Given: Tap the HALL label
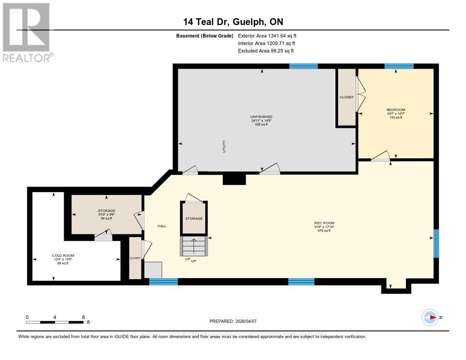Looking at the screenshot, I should click(162, 226).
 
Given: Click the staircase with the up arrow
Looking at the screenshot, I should click(193, 246).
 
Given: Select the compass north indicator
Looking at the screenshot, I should click(430, 317).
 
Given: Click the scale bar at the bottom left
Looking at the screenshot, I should click(55, 322).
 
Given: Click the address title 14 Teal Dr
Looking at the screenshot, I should click(233, 22).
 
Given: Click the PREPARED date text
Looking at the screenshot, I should click(233, 321).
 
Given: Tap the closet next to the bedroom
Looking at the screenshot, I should click(346, 97).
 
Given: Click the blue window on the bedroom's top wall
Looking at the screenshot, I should click(399, 66).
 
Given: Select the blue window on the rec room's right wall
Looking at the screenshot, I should click(436, 243).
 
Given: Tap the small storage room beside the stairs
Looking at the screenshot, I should click(193, 218).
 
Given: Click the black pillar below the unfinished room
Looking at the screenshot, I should click(234, 179).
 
